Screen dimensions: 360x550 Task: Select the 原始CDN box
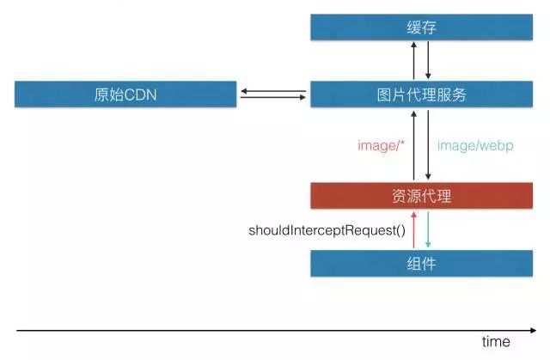pyautogui.click(x=125, y=95)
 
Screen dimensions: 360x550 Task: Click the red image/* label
pyautogui.click(x=382, y=146)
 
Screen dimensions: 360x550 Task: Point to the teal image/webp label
pyautogui.click(x=475, y=146)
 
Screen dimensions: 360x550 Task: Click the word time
pyautogui.click(x=496, y=341)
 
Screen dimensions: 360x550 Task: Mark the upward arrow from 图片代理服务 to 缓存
pyautogui.click(x=413, y=62)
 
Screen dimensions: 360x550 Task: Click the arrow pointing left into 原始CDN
pyautogui.click(x=273, y=90)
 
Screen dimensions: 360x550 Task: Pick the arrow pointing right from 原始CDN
pyautogui.click(x=273, y=98)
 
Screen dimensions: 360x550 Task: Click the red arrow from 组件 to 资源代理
pyautogui.click(x=413, y=229)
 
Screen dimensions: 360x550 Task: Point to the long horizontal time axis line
pyautogui.click(x=258, y=330)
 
